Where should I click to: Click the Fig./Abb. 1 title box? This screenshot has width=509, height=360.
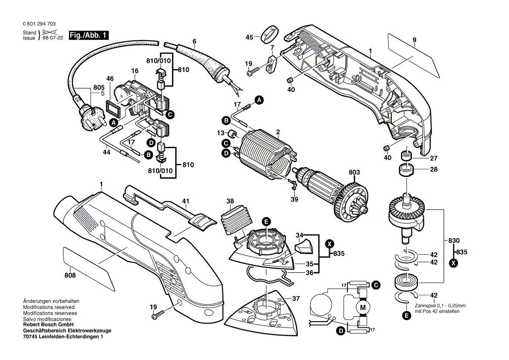pyautogui.click(x=88, y=35)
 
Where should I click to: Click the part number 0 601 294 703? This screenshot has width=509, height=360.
pyautogui.click(x=38, y=24)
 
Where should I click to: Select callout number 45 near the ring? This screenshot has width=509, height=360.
pyautogui.click(x=249, y=37)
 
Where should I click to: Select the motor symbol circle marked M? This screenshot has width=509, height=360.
pyautogui.click(x=363, y=308)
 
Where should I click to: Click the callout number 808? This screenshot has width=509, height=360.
pyautogui.click(x=70, y=275)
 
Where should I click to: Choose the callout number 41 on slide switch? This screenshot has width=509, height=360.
pyautogui.click(x=186, y=201)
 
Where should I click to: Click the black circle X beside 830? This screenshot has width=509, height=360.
pyautogui.click(x=454, y=263)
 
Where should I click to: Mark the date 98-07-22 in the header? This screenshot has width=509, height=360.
pyautogui.click(x=51, y=38)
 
